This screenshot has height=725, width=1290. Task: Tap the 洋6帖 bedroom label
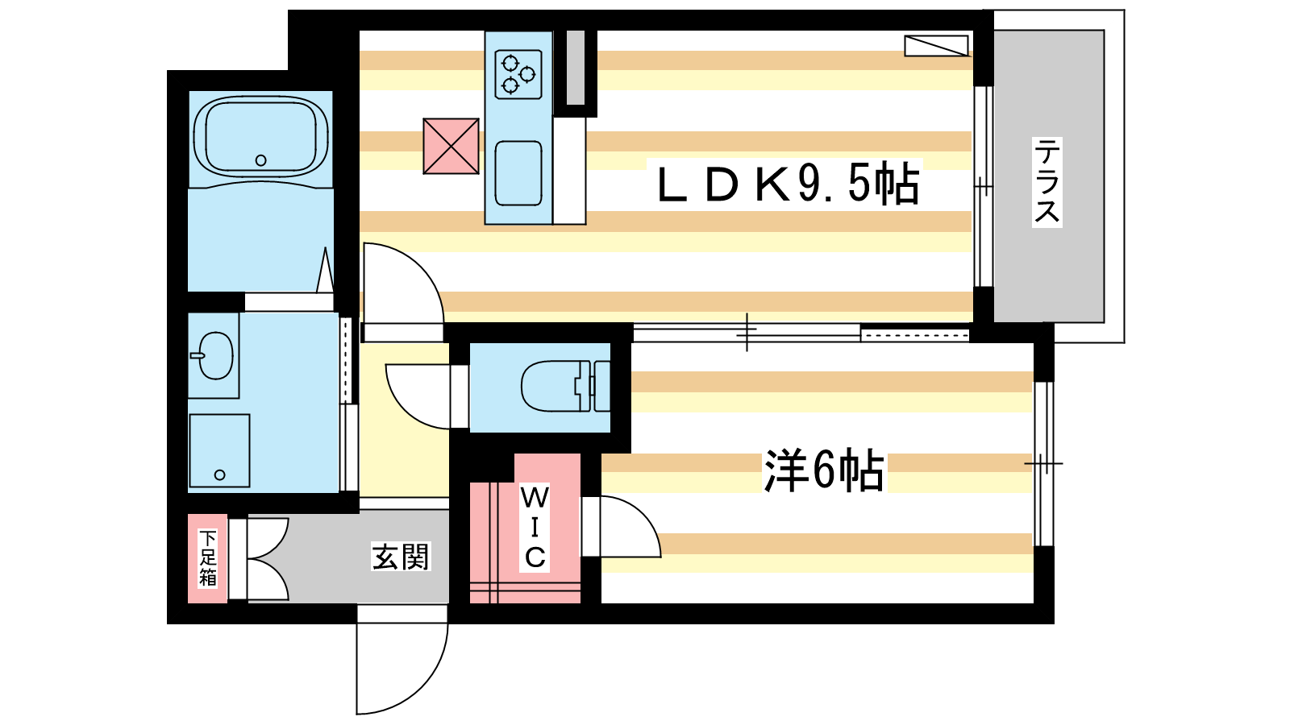click(824, 470)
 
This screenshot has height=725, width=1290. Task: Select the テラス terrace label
click(1047, 182)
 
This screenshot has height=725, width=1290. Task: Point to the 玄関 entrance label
click(401, 557)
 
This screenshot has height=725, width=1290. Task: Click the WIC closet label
click(535, 527)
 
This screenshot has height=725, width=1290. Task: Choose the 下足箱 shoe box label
click(208, 558)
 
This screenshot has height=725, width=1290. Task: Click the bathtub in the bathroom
click(261, 137)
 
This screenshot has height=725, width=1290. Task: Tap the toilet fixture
click(565, 386)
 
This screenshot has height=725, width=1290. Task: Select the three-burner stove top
click(518, 74)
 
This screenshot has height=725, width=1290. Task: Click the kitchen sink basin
click(518, 173)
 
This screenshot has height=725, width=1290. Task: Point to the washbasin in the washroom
click(213, 355)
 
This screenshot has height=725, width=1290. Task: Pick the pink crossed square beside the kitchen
click(451, 146)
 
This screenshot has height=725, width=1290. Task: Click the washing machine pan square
click(219, 450)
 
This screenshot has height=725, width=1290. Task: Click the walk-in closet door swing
click(621, 527)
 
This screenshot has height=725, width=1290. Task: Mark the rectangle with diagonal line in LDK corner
click(936, 46)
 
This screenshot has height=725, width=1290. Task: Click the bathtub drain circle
click(261, 160)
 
